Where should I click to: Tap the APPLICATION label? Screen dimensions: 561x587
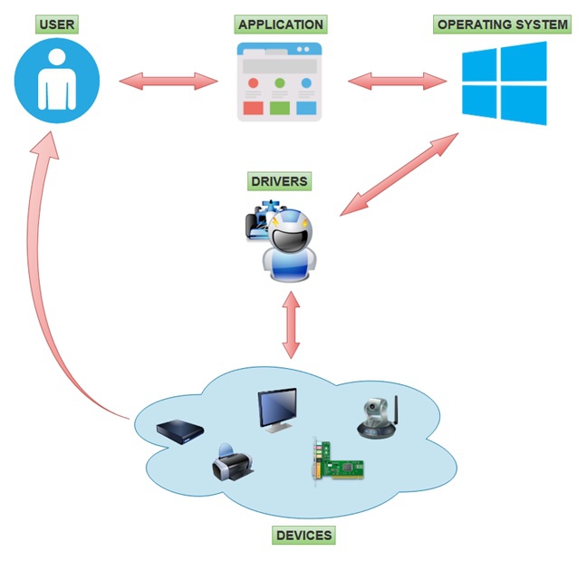coord(280,24)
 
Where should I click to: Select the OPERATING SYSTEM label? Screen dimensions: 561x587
coord(503,24)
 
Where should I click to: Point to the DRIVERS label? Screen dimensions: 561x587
coord(279,181)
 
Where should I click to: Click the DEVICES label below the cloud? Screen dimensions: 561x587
coord(303,536)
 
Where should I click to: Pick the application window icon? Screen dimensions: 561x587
coord(280,82)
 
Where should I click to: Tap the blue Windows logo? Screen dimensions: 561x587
coord(504,83)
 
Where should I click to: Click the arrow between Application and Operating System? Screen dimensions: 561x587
coord(398,81)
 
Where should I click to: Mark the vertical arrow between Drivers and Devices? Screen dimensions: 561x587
coord(291,324)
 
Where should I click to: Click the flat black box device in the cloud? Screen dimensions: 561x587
coord(179,432)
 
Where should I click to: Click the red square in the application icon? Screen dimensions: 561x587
coord(253,109)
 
